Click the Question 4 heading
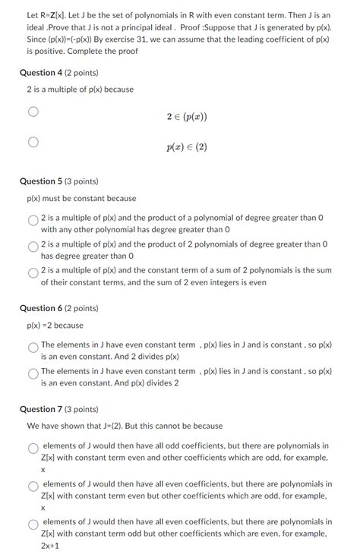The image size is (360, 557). (x=62, y=73)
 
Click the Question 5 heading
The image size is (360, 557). (x=62, y=182)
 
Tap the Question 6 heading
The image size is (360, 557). (x=62, y=308)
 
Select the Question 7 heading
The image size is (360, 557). (x=62, y=409)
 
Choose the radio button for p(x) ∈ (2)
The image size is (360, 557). (x=33, y=142)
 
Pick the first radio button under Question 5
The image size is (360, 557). (x=33, y=221)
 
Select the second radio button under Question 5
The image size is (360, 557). (x=33, y=247)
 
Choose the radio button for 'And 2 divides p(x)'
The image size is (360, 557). (x=33, y=348)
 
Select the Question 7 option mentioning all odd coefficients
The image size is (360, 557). (x=33, y=448)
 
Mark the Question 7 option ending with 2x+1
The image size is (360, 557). (x=33, y=524)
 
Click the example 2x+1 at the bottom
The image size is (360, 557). (x=52, y=546)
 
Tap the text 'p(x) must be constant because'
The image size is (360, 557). (x=81, y=199)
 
